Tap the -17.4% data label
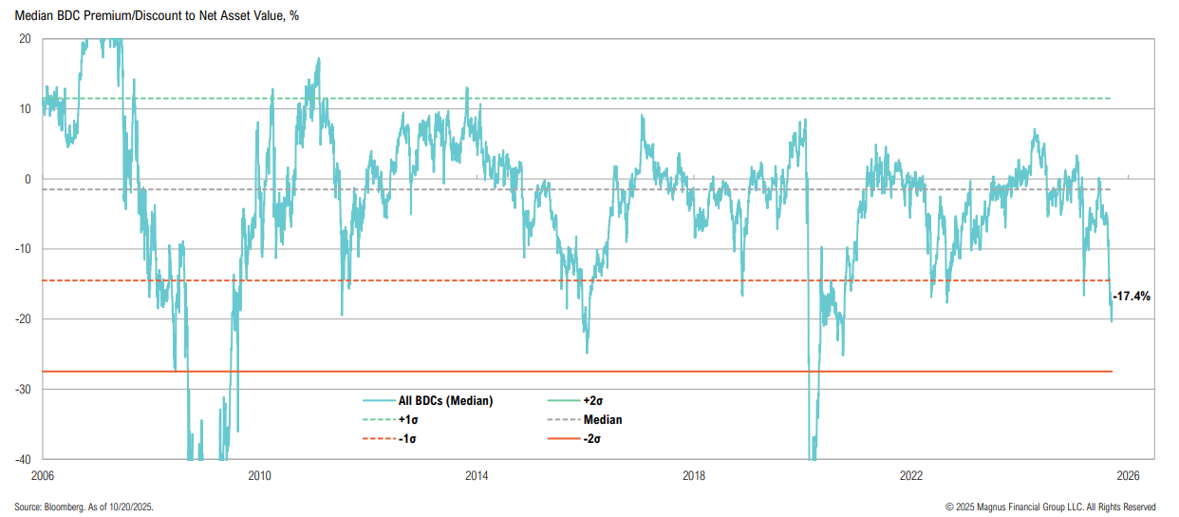1131,297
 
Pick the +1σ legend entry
407,420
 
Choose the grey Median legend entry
603,420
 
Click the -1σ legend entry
406,438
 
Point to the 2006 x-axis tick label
43,474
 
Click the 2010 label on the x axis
260,474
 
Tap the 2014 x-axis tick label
477,474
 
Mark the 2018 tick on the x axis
694,474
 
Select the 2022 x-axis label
911,474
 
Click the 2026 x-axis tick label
1128,474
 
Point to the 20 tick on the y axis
25,39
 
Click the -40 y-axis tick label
23,459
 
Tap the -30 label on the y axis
23,389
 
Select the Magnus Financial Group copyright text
1051,507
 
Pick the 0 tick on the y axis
28,179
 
